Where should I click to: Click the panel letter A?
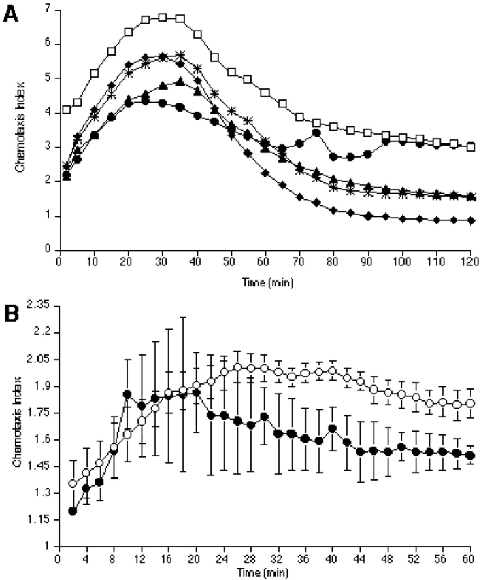click(11, 13)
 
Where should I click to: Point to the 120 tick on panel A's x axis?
click(471, 260)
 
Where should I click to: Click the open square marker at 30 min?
click(163, 17)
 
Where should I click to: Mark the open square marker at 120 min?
click(471, 147)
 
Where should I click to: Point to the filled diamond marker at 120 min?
click(471, 220)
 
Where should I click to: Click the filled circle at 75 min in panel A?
click(316, 133)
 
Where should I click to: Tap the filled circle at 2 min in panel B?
click(73, 511)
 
